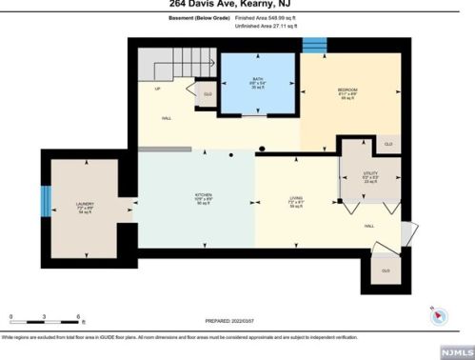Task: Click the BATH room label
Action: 257,80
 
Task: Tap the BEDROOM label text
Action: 346,91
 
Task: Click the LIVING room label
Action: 296,199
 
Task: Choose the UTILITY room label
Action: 369,174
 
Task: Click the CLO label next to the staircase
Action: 207,94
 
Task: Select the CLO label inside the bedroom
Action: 387,143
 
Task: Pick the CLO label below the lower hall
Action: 385,270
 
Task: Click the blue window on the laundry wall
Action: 45,201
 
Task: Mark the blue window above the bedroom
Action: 317,45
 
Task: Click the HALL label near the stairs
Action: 166,118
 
